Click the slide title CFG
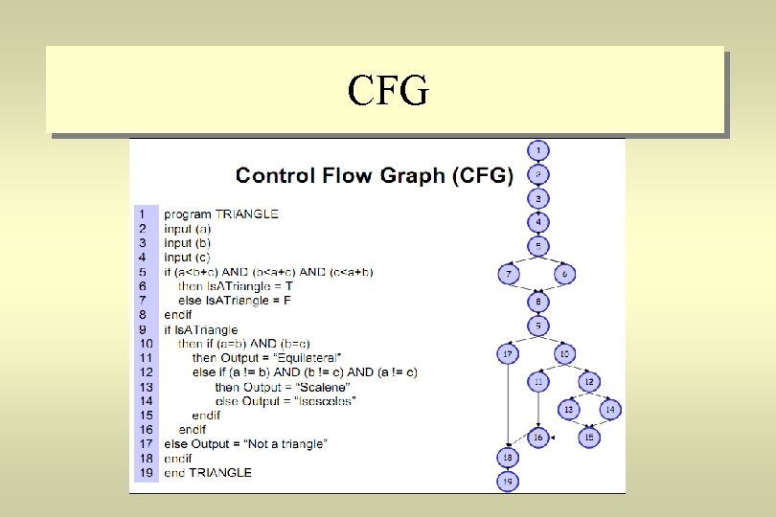[388, 91]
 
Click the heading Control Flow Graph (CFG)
[375, 175]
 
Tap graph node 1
[538, 150]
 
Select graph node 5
[538, 246]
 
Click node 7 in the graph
[508, 275]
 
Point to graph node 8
[538, 302]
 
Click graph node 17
[508, 354]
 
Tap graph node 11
[538, 382]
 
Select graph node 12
[588, 382]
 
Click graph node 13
[568, 410]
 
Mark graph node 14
[610, 410]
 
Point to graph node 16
[538, 438]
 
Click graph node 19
[508, 482]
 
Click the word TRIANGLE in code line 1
[247, 214]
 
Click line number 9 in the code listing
[143, 329]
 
